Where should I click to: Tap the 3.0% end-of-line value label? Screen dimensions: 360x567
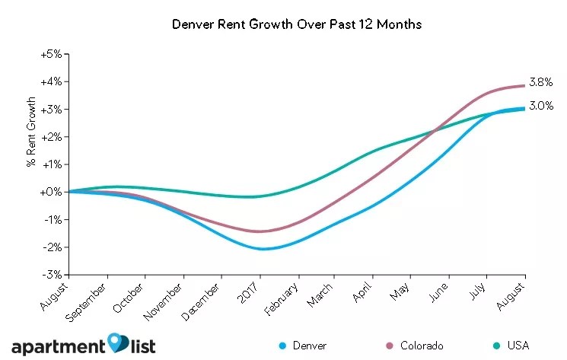[x=541, y=107]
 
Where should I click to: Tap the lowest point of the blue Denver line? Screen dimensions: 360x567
[x=261, y=249]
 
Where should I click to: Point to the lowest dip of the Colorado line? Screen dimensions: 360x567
[x=261, y=231]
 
